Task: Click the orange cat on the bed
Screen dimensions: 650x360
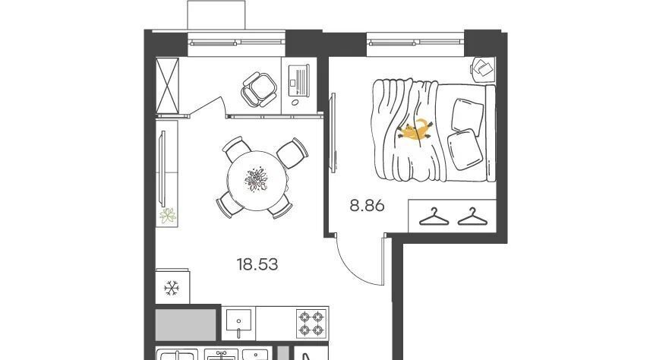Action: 415,130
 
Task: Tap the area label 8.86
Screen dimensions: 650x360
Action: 367,205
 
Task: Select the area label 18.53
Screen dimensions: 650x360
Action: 257,264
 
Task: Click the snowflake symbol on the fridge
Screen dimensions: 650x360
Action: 171,288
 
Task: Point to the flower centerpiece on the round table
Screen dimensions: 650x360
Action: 257,179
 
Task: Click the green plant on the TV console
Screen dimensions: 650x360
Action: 168,216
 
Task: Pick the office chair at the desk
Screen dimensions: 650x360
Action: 259,89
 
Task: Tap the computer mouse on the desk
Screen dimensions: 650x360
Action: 295,102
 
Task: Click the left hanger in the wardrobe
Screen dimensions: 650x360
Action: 434,217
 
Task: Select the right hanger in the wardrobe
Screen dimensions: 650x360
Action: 472,217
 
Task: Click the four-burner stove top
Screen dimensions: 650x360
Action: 311,324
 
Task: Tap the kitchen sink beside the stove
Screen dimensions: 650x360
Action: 238,323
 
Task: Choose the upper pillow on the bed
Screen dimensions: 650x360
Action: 467,115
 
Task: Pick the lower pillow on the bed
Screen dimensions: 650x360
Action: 465,150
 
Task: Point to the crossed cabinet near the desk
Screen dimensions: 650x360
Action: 168,85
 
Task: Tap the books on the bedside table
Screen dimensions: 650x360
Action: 482,67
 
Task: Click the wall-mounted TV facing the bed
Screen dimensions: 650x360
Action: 333,132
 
